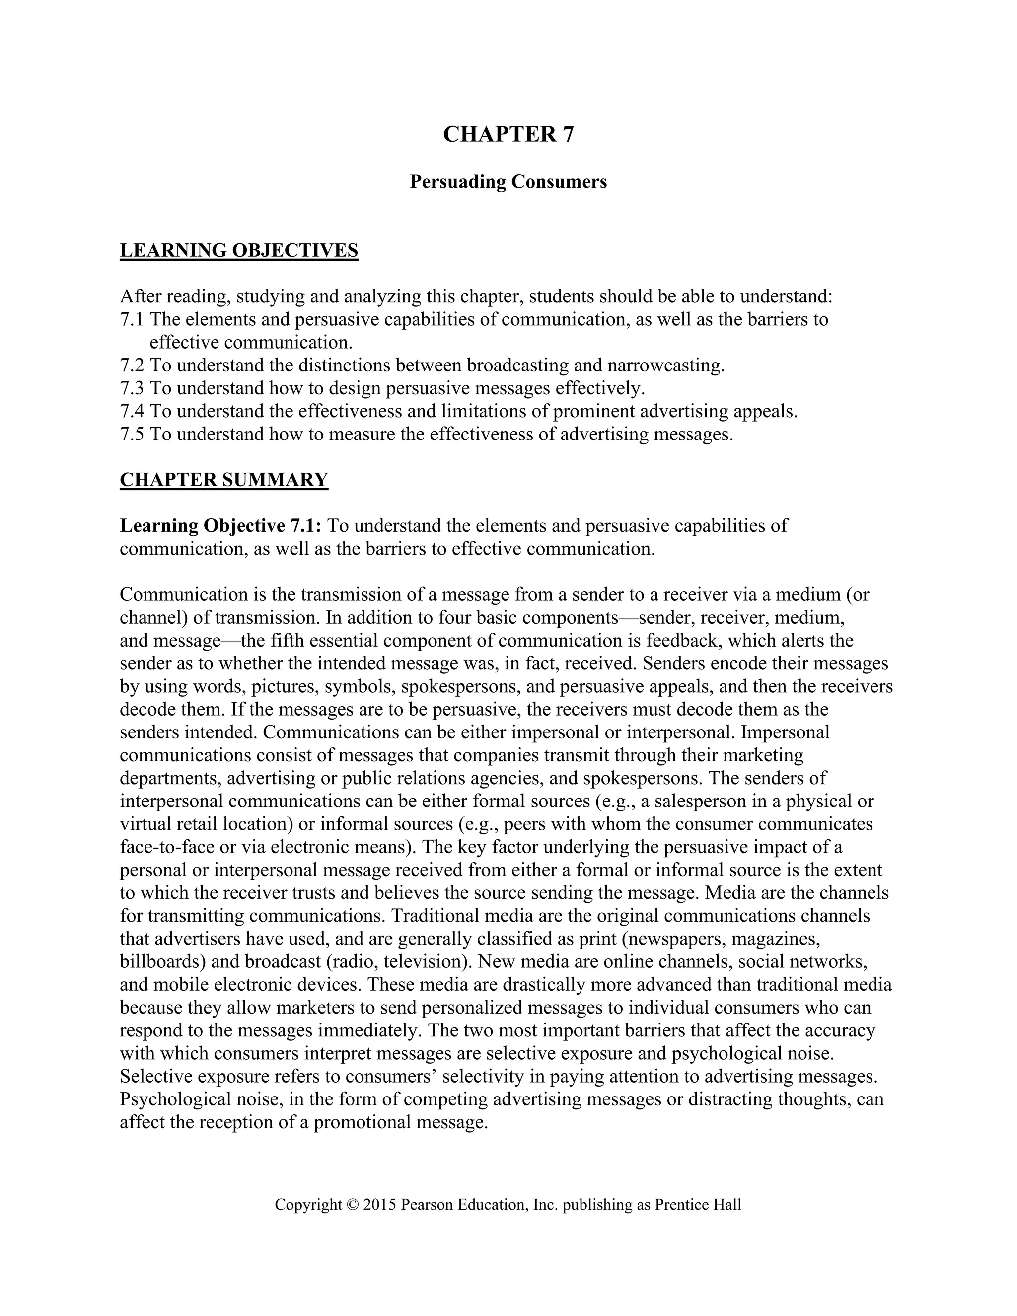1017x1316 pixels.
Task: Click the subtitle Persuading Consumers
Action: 508,181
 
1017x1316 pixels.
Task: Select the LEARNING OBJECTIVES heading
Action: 239,250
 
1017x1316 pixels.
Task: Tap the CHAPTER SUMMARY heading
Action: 224,480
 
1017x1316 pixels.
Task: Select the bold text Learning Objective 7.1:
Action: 221,526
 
